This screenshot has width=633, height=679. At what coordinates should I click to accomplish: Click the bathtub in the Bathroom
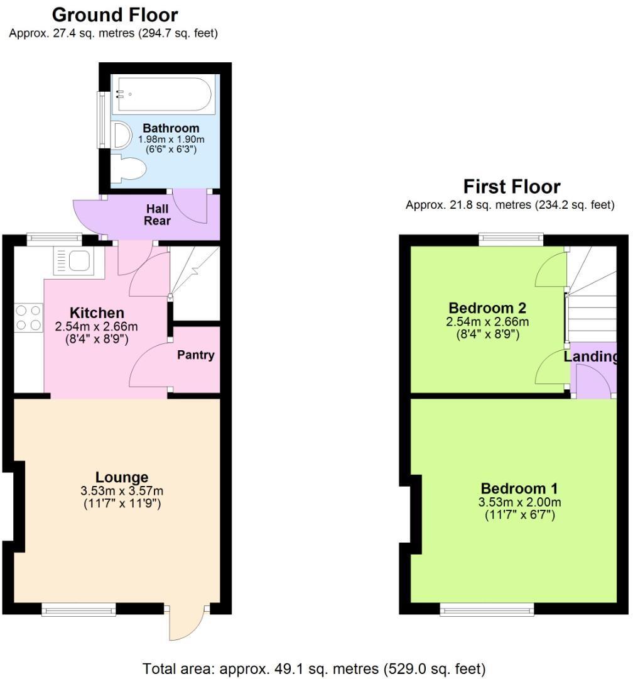pyautogui.click(x=162, y=95)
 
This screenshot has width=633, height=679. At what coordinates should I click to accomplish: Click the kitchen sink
pyautogui.click(x=78, y=260)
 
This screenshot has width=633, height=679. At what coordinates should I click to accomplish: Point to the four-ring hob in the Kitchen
pyautogui.click(x=28, y=317)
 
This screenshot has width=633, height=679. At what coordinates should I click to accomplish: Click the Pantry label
pyautogui.click(x=195, y=355)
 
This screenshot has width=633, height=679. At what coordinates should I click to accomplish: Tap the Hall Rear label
pyautogui.click(x=158, y=214)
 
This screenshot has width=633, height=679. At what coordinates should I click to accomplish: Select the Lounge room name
pyautogui.click(x=122, y=477)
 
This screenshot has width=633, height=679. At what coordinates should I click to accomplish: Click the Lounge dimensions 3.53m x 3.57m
pyautogui.click(x=122, y=490)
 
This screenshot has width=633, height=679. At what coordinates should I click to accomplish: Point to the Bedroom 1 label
pyautogui.click(x=519, y=489)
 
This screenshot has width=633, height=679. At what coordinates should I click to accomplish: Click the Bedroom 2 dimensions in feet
pyautogui.click(x=487, y=334)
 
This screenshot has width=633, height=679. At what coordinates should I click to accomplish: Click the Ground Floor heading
pyautogui.click(x=114, y=15)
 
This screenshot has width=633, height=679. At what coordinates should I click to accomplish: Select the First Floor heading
pyautogui.click(x=511, y=187)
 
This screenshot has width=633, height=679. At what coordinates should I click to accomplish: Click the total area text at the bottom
pyautogui.click(x=314, y=668)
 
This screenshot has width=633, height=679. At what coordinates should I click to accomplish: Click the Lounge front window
pyautogui.click(x=79, y=608)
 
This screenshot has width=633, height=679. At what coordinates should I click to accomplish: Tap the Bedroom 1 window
pyautogui.click(x=487, y=608)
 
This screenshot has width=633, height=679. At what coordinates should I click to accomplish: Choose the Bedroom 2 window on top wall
pyautogui.click(x=511, y=239)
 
